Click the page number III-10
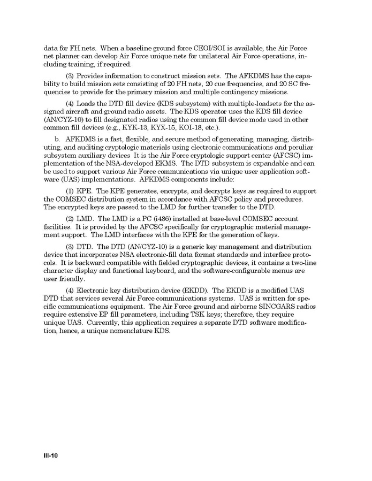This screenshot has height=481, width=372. [50, 456]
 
